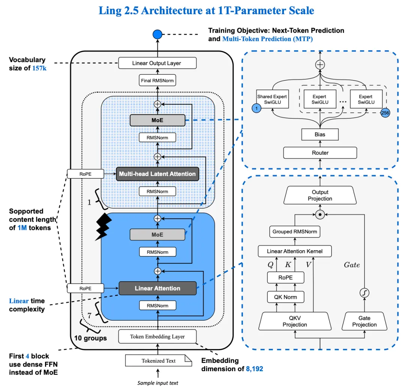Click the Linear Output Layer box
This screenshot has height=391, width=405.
(157, 63)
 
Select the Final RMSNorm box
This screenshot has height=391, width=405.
(157, 80)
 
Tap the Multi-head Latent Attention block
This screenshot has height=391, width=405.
(157, 174)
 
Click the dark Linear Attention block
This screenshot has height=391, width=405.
(157, 288)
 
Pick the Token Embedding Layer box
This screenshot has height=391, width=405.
(157, 336)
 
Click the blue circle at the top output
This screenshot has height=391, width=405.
(157, 35)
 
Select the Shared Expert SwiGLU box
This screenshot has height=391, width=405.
(272, 99)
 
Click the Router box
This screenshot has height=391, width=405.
(320, 152)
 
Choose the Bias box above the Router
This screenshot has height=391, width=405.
(320, 134)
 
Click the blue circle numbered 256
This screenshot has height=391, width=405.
(385, 113)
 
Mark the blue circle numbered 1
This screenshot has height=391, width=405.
(257, 108)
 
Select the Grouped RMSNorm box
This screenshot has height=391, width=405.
(294, 231)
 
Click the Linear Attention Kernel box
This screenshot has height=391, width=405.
(294, 251)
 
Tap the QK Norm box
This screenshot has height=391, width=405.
(285, 297)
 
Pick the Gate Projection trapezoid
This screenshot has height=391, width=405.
(364, 322)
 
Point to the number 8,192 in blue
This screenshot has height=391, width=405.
(254, 369)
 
